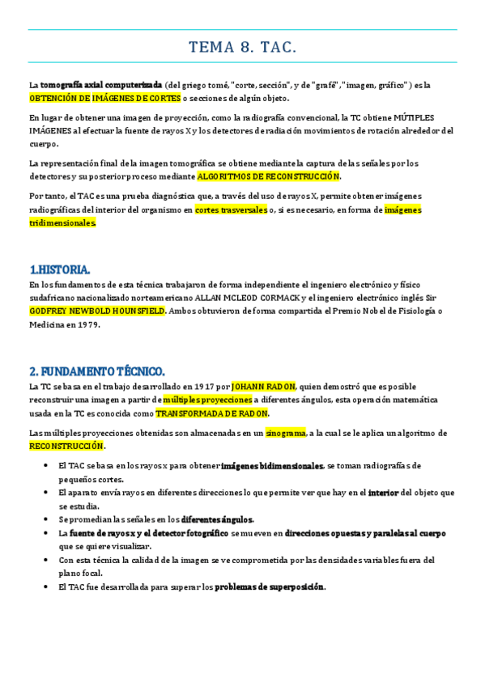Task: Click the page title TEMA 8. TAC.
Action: click(243, 49)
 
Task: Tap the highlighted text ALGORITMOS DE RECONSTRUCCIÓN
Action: click(269, 176)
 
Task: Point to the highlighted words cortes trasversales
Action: click(231, 210)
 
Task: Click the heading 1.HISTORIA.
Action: click(60, 269)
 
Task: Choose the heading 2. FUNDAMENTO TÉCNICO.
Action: click(97, 371)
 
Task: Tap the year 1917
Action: click(205, 387)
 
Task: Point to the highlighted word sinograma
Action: click(286, 433)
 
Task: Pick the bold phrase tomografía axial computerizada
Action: click(101, 85)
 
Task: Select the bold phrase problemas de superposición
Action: click(270, 586)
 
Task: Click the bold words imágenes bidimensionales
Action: click(273, 466)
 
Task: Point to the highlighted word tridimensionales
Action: click(62, 222)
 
